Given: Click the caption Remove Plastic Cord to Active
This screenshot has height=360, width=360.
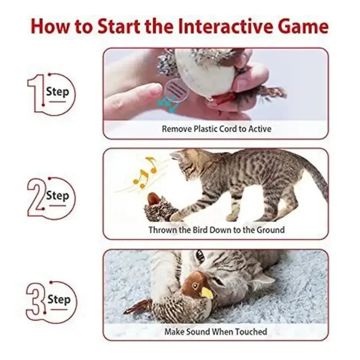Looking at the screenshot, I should pyautogui.click(x=216, y=129).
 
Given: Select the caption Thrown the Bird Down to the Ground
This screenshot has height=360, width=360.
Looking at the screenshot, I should pyautogui.click(x=216, y=230).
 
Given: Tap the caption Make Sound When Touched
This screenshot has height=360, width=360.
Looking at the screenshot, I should pyautogui.click(x=216, y=332).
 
